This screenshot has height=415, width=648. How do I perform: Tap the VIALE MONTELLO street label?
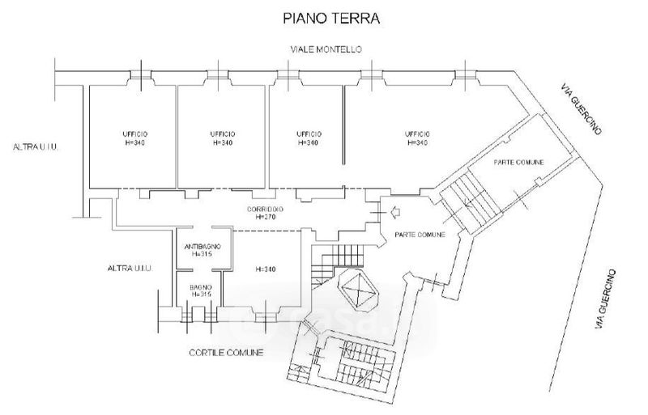326,50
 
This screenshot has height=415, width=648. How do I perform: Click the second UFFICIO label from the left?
223,133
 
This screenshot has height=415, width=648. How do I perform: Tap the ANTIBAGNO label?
200,246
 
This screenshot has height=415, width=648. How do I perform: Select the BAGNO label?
201,288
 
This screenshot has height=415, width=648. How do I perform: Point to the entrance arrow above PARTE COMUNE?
395,213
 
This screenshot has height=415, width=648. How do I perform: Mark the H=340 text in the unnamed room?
264,270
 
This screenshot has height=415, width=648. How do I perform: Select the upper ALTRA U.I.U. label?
38,147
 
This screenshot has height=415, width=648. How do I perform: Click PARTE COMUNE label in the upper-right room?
518,163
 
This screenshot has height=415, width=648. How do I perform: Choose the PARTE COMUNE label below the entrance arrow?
419,235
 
